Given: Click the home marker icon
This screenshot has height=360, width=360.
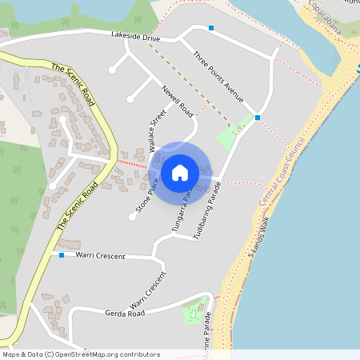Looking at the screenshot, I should point(179,171).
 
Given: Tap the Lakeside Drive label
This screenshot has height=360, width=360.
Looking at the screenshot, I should point(135,38).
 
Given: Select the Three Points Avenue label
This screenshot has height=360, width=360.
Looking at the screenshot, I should point(218,78).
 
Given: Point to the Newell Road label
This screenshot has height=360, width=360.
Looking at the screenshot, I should point(178,100).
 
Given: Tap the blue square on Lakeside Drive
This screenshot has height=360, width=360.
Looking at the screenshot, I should point(211,29).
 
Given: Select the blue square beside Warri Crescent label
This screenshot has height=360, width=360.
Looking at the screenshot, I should point(61,255).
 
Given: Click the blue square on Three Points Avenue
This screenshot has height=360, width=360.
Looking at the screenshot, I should point(258,118).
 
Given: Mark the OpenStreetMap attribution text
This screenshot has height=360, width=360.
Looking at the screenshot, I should point(81,354).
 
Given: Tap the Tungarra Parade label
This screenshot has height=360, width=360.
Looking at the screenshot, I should point(181,212).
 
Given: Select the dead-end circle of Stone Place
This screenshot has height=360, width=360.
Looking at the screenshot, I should point(132,217).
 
